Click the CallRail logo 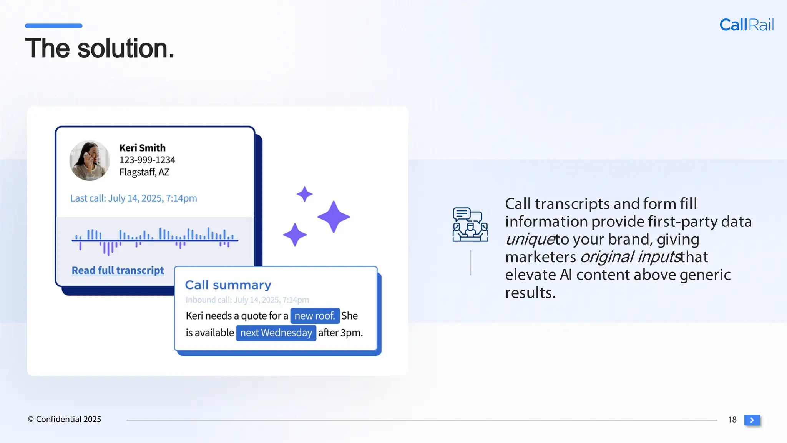pos(746,25)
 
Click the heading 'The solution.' pos(100,48)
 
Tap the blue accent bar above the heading pos(53,26)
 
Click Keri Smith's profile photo pos(90,160)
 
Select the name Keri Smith pos(142,148)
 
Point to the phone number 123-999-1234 pos(147,160)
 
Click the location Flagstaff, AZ pos(144,172)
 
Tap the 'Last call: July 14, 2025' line pos(133,198)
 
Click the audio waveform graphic pos(154,240)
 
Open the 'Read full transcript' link pos(118,270)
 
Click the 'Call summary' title pos(228,285)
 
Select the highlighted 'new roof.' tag pos(315,316)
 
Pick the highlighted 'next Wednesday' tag pos(276,333)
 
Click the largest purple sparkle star pos(333,217)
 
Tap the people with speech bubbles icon pos(470,225)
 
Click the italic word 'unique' pos(530,239)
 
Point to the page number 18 pos(732,420)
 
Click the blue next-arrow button pos(752,420)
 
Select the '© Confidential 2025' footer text pos(64,419)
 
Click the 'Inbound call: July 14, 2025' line pos(247,300)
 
